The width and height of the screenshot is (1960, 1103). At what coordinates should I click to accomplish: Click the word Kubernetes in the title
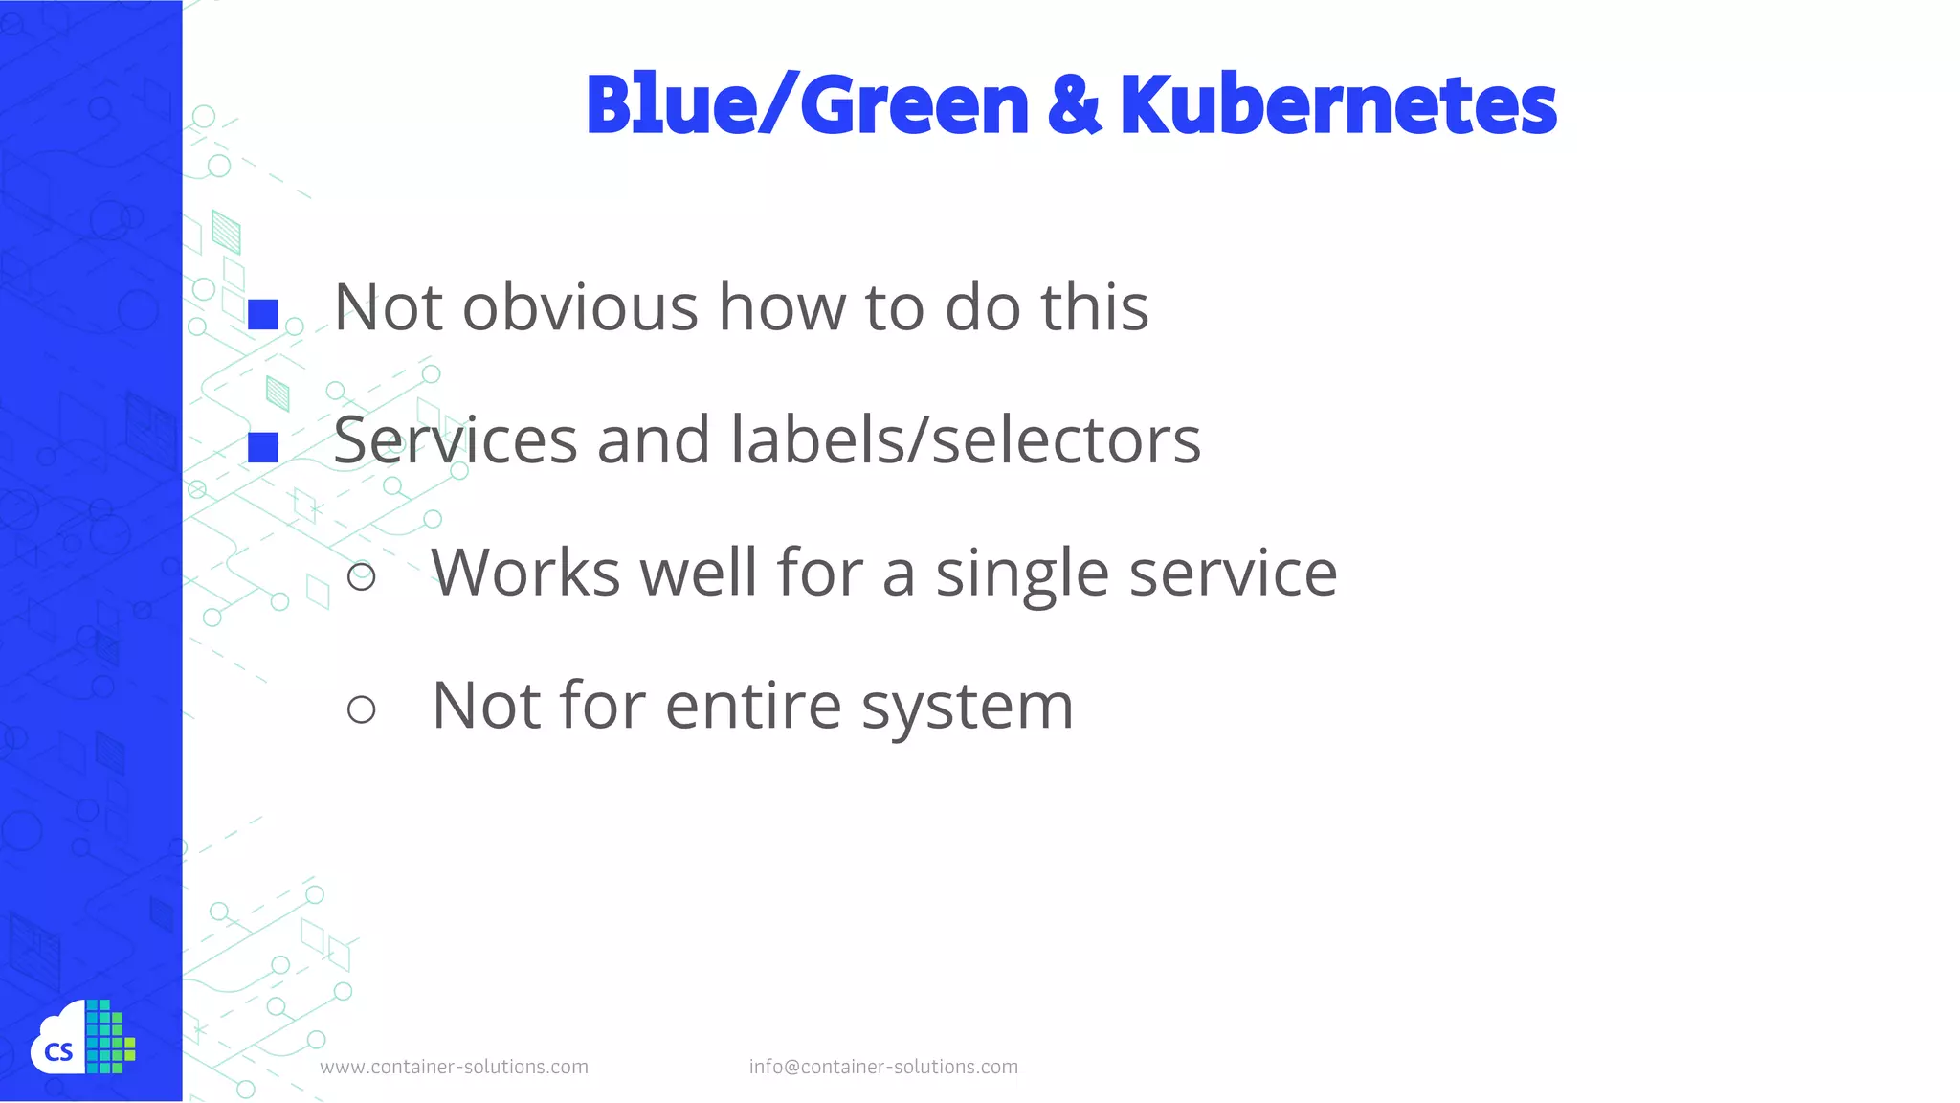[1338, 105]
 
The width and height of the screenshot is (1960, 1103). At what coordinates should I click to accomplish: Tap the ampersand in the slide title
[1074, 105]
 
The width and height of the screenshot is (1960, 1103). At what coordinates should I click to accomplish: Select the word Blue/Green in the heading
[807, 105]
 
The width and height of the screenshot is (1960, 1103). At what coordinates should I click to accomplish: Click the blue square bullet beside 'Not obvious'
[263, 314]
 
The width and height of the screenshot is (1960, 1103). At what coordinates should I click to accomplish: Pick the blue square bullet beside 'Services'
[263, 447]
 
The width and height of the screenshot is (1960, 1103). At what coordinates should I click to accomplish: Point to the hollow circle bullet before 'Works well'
[361, 576]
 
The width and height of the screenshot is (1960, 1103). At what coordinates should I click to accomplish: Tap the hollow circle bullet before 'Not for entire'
[361, 709]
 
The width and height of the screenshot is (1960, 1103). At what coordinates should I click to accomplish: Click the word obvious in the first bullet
[580, 308]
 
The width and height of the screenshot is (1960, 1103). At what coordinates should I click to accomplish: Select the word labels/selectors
[965, 440]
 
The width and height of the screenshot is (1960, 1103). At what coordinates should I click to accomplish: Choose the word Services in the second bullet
[456, 440]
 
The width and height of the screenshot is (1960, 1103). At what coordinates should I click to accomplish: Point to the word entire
[753, 707]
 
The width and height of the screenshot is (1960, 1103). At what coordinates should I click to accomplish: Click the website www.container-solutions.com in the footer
[454, 1067]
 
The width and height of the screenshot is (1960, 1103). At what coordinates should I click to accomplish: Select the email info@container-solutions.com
[883, 1067]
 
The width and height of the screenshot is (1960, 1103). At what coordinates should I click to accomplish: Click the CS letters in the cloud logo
[58, 1053]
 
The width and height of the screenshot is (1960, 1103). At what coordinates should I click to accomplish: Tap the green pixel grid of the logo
[109, 1037]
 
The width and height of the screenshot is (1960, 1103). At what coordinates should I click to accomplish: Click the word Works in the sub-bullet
[525, 573]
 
